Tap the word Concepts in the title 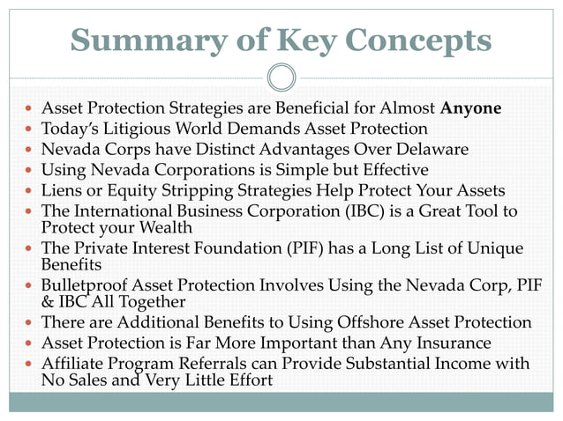coord(420,41)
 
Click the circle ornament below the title coord(281,78)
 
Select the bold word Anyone coord(472,109)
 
